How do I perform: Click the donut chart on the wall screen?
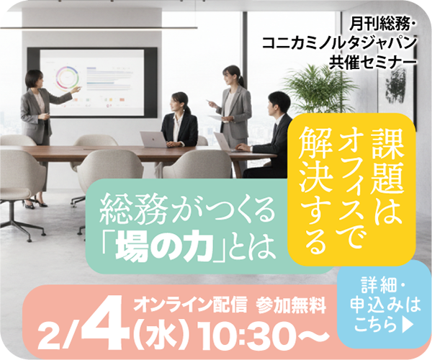pos(71,77)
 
